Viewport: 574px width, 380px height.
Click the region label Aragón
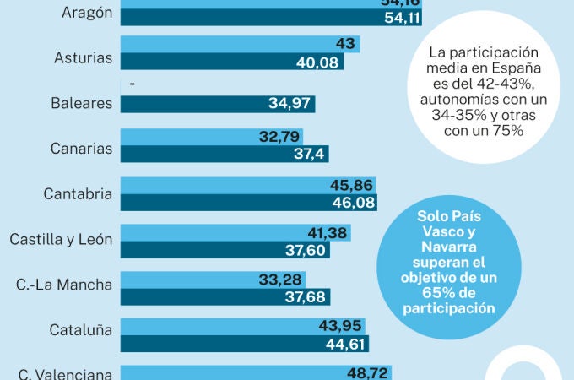pos(87,12)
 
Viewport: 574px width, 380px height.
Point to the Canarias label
pos(81,149)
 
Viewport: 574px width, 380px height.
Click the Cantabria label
pos(78,194)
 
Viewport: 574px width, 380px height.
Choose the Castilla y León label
pos(61,239)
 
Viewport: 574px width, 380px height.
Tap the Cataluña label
pos(81,330)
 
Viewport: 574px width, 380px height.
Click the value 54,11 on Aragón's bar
pos(402,19)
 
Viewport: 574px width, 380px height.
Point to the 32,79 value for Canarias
pos(282,135)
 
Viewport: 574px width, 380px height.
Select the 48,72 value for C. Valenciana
pos(369,372)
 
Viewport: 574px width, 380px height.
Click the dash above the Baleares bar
pos(133,85)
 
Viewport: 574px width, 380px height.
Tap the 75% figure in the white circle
pos(510,130)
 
